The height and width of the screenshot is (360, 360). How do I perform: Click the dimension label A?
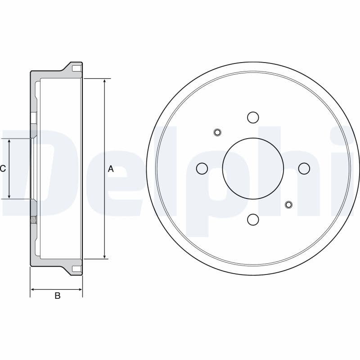111,169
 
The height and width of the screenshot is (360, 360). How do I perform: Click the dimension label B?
57,296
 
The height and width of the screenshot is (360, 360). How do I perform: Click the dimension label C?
3,169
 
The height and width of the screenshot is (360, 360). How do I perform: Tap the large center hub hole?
253,168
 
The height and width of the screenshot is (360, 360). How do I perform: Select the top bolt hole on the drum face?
253,117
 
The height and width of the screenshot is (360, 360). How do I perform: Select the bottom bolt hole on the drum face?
253,220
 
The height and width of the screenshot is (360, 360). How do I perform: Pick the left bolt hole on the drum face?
202,168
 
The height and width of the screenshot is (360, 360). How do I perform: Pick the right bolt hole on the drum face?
304,168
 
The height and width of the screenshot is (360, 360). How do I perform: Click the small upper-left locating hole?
217,132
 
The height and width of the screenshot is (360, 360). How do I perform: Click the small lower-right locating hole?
289,205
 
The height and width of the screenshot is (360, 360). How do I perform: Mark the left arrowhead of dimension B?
33,289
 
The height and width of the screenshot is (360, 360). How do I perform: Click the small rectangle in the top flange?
77,69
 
